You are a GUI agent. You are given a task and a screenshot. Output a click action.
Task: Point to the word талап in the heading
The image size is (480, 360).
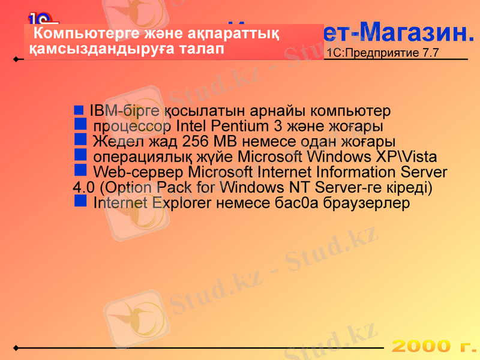coord(202,49)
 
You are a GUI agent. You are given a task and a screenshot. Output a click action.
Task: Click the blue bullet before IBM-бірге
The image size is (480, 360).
coord(79,110)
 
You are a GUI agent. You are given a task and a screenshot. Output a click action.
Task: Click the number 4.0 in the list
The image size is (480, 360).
coord(82,188)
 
